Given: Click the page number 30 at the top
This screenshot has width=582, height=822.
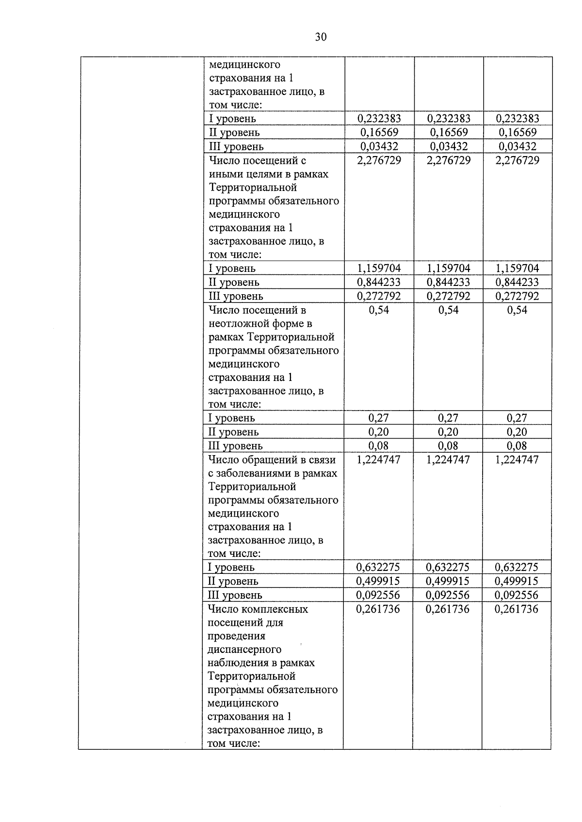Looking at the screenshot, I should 321,37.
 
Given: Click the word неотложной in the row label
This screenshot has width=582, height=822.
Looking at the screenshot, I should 236,323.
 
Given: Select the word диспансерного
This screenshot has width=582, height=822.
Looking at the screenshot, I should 244,649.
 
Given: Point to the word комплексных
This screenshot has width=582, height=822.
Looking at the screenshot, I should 279,609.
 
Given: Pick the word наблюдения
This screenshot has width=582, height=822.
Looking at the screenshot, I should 236,663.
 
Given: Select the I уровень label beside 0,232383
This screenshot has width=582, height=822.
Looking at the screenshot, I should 232,119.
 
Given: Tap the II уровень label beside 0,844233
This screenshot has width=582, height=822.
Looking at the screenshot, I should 234,282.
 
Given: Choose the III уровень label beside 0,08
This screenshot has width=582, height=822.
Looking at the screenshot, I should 235,446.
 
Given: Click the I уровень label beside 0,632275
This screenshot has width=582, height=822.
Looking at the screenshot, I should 231,568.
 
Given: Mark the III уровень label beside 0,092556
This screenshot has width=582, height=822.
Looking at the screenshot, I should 235,595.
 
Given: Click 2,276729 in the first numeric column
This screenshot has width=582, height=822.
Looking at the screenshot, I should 379,160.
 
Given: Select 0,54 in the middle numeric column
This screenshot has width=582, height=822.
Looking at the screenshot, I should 448,310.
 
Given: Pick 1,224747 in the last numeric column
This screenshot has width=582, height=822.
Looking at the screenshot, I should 517,459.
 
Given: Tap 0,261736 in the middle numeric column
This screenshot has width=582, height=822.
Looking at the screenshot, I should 447,609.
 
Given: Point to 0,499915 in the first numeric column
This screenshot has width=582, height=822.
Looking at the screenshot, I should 378,581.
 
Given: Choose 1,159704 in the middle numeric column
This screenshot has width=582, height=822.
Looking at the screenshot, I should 448,269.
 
